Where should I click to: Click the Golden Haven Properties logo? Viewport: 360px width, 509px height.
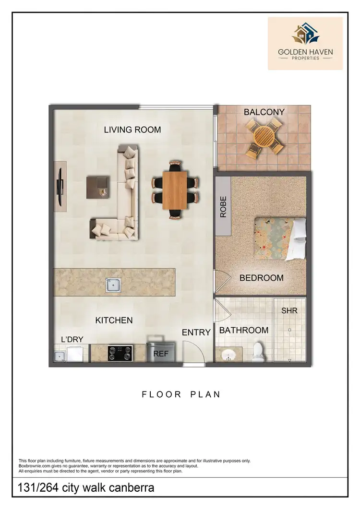coord(305,43)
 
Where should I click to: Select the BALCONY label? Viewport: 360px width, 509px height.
coord(264,112)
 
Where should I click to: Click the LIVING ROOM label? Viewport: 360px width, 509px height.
coord(132,130)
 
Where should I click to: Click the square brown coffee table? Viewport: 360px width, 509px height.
coord(98,187)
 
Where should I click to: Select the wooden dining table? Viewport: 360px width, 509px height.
coord(175,190)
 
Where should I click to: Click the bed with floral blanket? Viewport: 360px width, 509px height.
coord(279,238)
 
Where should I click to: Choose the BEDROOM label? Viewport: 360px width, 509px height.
coord(261,278)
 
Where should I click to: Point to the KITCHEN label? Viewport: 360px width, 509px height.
coord(114,320)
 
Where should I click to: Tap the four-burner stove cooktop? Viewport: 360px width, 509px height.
coord(120,353)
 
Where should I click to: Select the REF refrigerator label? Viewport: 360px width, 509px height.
coord(160,354)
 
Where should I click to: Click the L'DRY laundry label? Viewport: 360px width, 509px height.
coord(72,340)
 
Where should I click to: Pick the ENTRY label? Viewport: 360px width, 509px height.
coord(196,332)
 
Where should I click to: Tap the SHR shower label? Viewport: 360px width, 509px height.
coord(289,310)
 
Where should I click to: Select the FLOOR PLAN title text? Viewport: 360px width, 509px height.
coord(181,394)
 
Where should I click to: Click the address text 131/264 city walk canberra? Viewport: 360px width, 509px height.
coord(86,488)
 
